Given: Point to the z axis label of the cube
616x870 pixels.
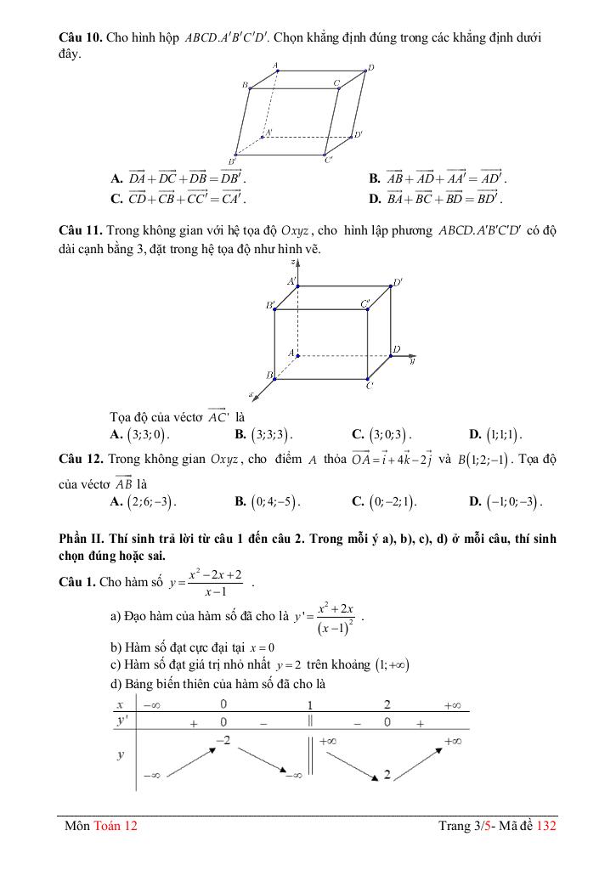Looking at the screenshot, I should (291, 263).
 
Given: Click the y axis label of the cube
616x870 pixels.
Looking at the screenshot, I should (412, 361).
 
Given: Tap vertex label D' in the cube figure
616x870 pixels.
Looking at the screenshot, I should (397, 283).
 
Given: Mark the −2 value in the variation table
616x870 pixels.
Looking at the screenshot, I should (223, 741).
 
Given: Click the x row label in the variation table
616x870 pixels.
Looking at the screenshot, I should (121, 705).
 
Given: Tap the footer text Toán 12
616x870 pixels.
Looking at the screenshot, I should (116, 825).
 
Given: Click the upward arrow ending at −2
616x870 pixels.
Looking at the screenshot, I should (185, 761).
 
